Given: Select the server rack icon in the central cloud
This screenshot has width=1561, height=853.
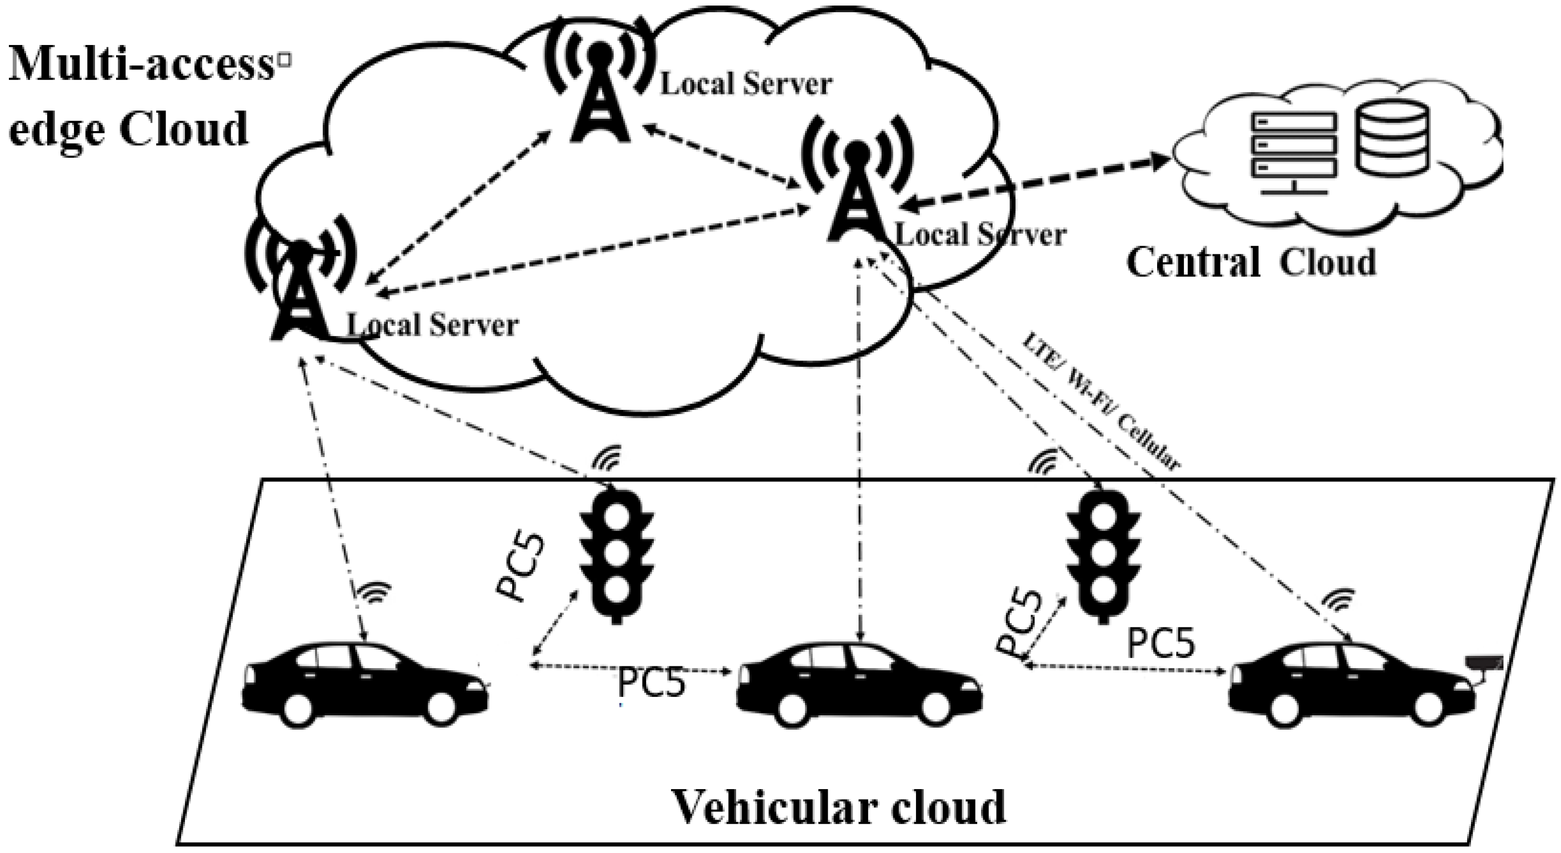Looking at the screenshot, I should tap(1294, 152).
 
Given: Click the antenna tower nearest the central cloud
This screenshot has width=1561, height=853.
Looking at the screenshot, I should tap(855, 188).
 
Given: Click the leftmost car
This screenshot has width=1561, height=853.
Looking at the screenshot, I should tap(365, 685).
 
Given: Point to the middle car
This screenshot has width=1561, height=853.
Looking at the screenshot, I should tap(859, 685).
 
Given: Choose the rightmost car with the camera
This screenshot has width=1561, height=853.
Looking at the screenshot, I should tap(1352, 685).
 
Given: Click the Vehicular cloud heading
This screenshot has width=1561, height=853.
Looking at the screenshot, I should tap(839, 807).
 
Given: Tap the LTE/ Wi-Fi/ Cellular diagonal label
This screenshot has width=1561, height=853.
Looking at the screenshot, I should tap(1100, 403).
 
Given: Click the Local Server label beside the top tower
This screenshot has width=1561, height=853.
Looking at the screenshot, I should tap(746, 84).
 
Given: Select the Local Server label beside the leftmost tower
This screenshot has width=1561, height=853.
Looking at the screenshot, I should tap(432, 325).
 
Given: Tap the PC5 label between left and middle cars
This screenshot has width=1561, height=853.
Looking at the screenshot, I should tap(651, 683).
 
